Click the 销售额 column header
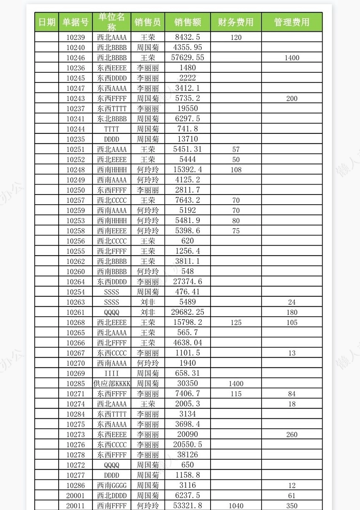(x=188, y=22)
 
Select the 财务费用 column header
(x=236, y=22)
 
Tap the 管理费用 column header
(x=292, y=22)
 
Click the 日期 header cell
(x=46, y=22)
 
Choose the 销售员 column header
(x=148, y=22)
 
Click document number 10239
(x=75, y=37)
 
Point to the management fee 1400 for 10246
(x=292, y=58)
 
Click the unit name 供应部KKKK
(x=112, y=384)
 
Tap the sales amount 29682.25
(x=188, y=312)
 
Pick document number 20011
(x=75, y=506)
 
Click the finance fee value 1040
(x=236, y=506)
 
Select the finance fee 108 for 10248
(x=236, y=170)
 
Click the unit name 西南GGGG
(x=112, y=485)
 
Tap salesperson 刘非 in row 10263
(x=148, y=302)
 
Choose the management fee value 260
(x=292, y=435)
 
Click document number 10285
(x=75, y=384)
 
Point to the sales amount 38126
(x=188, y=455)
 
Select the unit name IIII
(x=112, y=374)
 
